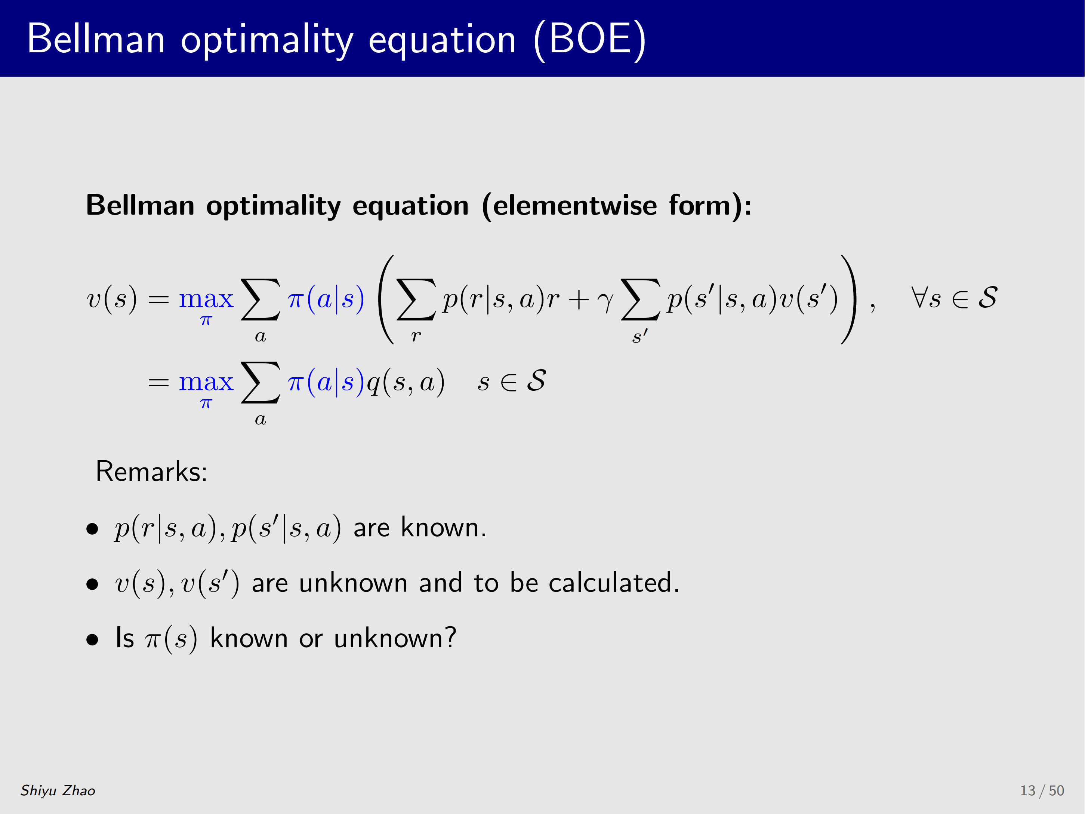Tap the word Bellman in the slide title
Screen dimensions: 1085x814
click(x=96, y=39)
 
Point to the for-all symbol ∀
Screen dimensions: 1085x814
click(x=920, y=298)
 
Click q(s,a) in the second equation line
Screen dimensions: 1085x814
click(x=406, y=382)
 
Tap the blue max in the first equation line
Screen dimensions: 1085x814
click(x=206, y=299)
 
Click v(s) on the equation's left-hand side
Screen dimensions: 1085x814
click(x=112, y=299)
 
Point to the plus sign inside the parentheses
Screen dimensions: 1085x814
click(x=579, y=300)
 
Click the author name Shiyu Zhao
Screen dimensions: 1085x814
click(x=58, y=790)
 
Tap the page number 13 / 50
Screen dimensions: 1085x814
click(x=1042, y=790)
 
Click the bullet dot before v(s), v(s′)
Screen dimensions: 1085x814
click(x=92, y=584)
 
